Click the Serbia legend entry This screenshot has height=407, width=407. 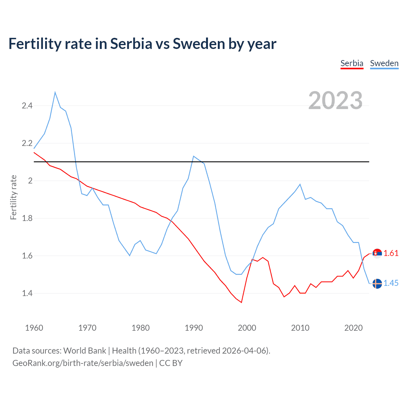pos(352,63)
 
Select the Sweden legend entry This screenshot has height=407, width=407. pos(384,63)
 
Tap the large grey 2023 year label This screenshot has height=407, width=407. pos(335,100)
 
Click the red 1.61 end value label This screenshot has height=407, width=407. pos(391,253)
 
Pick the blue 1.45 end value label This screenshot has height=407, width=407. pos(391,283)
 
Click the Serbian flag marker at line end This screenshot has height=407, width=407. pos(377,253)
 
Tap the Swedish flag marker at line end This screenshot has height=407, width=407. pos(377,283)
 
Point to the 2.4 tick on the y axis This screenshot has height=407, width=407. pos(27,106)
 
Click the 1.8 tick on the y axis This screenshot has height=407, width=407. pos(27,218)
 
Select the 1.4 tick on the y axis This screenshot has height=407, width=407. pos(27,293)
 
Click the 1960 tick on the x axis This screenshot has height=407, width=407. pos(34,328)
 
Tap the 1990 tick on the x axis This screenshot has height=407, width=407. pos(194,328)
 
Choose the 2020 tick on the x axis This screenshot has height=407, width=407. pos(353,328)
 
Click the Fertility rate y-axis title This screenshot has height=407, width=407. pos(13,197)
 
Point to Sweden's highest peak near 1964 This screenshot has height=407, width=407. pos(55,93)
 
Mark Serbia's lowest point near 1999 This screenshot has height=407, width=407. pos(241,302)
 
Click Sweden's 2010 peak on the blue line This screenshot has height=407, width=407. pos(300,184)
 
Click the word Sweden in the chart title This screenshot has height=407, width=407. pos(198,44)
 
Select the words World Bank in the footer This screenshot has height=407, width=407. pos(85,351)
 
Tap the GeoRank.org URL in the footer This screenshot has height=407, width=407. pos(83,363)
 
